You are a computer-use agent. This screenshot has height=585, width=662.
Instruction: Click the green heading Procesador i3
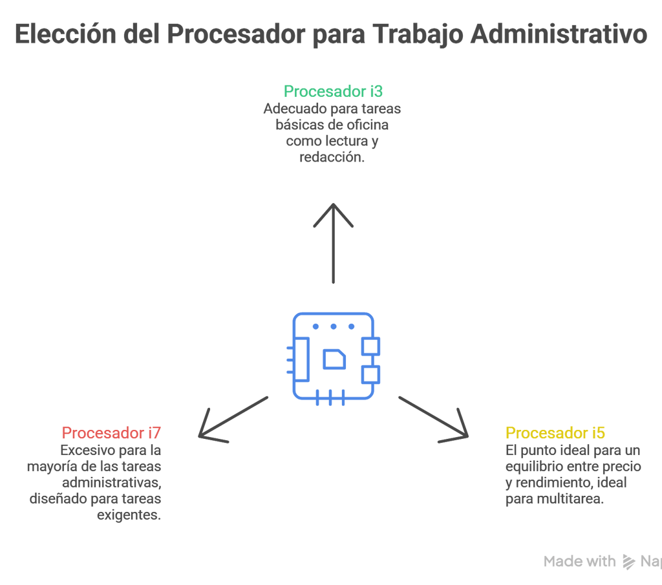click(x=333, y=91)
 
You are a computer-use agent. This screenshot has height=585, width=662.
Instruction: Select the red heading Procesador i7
click(x=111, y=433)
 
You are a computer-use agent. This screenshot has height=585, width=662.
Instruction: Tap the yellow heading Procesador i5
click(x=555, y=433)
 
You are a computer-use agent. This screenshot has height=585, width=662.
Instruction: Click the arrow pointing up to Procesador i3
click(x=333, y=242)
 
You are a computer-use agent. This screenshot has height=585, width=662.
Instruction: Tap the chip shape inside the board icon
click(x=334, y=359)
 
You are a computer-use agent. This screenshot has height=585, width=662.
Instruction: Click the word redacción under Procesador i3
click(x=332, y=158)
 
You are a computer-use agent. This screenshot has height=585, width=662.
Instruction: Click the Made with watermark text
click(x=579, y=562)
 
